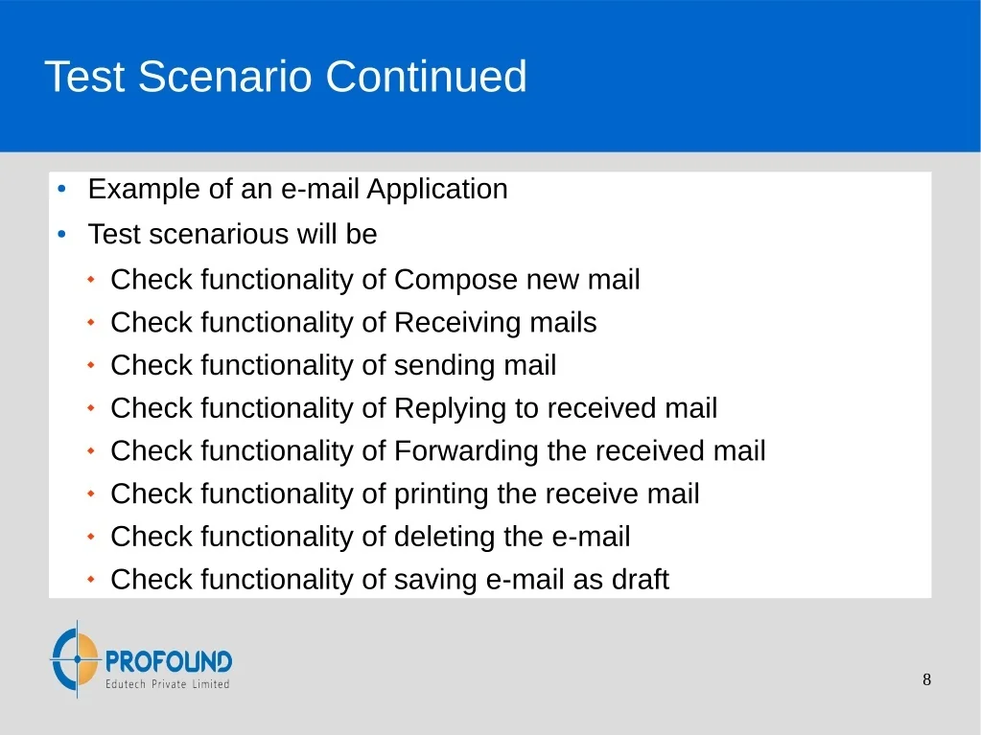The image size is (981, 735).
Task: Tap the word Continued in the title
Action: (x=426, y=77)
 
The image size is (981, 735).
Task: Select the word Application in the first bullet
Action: (x=436, y=190)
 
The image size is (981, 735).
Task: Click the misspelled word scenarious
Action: (x=219, y=235)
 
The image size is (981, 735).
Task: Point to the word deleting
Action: (x=440, y=538)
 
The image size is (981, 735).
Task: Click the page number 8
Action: (x=926, y=679)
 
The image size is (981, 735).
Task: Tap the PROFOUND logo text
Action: (x=169, y=661)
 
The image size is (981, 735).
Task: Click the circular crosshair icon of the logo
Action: (x=76, y=658)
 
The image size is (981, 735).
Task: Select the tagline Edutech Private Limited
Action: (x=167, y=684)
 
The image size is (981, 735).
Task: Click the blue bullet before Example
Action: (x=61, y=189)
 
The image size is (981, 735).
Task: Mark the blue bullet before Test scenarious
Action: (x=61, y=235)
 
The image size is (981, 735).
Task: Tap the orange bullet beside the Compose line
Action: (x=91, y=280)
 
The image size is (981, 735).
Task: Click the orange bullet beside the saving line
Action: (x=91, y=580)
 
